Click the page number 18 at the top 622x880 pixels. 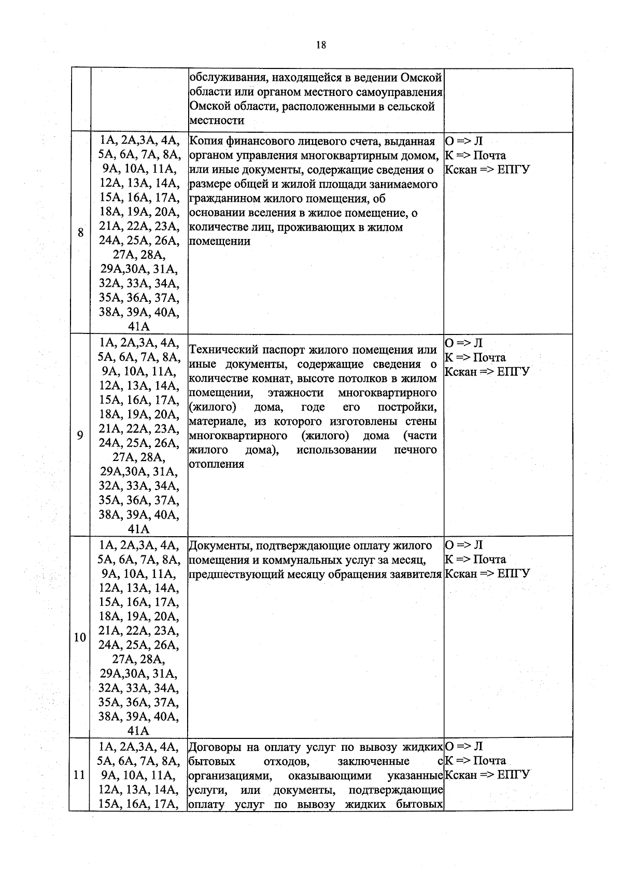[321, 45]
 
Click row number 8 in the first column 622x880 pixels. [80, 233]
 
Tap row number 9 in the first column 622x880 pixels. [80, 436]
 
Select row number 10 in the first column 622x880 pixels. [79, 637]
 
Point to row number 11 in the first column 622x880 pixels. [79, 775]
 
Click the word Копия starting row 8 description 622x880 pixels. [207, 142]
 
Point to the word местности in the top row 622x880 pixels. [216, 121]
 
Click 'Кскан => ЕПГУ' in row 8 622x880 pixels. [487, 170]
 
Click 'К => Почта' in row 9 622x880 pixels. [475, 357]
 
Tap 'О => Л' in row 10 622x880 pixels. [464, 545]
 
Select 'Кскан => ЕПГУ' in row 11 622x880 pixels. [487, 775]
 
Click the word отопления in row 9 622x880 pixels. [216, 465]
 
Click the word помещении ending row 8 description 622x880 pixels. [220, 241]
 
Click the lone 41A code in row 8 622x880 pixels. [138, 327]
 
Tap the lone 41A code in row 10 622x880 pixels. [138, 731]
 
